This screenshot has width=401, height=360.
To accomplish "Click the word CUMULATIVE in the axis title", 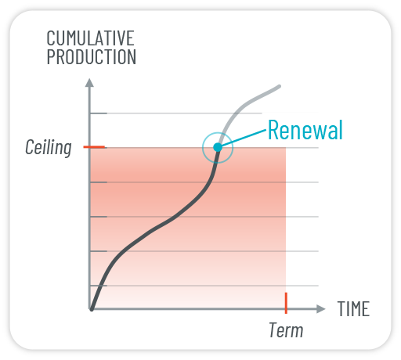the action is [90, 38].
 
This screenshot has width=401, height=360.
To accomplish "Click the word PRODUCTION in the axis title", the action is [92, 56].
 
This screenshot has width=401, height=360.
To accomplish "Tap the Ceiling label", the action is [49, 148].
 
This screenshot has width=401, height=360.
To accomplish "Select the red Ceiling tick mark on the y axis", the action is [94, 147].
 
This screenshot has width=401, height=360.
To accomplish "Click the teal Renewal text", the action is [305, 130].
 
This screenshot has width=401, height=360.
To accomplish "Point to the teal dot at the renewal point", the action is [218, 147].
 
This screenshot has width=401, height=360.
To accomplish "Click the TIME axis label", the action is [353, 309].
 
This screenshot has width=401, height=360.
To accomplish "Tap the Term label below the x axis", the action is [286, 330].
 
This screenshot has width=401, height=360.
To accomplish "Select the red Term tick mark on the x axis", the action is [286, 303].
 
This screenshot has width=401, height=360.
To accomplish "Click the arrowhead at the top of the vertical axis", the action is [89, 82].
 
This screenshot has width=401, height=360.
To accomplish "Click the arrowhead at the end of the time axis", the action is [321, 309].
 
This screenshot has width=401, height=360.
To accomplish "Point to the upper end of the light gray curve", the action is [279, 86].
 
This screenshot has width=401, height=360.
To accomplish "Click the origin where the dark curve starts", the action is [92, 309].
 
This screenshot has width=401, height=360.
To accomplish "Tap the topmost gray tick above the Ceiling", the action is [99, 113].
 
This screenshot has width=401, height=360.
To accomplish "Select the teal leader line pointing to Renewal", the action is [244, 138].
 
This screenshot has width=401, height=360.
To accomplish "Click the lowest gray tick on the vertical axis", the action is [99, 286].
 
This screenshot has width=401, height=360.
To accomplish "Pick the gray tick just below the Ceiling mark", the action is [99, 182].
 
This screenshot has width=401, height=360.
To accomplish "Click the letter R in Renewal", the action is [273, 130].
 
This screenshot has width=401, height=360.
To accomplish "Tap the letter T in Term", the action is [274, 330].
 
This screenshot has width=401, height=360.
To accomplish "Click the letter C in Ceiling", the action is [30, 147].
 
